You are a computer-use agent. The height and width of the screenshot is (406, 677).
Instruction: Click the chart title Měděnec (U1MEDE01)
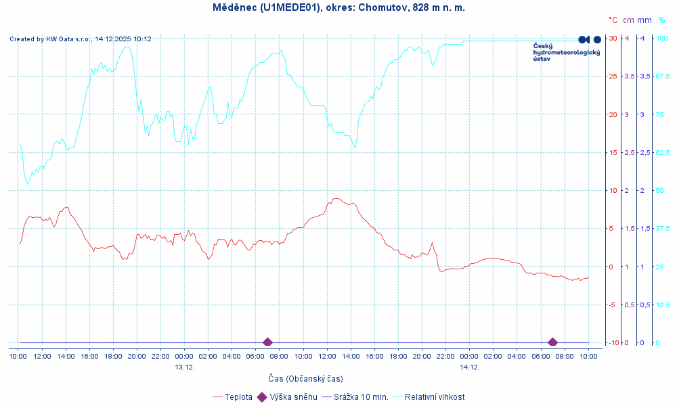pos(338,7)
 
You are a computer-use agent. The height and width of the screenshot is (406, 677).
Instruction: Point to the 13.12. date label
pos(185,367)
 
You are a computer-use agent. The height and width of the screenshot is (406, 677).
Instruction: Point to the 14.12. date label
pos(470,367)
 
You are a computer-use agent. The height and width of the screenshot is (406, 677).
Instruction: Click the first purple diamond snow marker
pos(267,342)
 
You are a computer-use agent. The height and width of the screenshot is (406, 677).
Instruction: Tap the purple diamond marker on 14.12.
pos(552,342)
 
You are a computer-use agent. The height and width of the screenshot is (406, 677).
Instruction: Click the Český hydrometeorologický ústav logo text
pos(566,52)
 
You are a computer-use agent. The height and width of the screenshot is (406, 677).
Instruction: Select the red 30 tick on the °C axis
pos(613,38)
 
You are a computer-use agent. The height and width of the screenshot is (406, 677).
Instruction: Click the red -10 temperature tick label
pos(612,343)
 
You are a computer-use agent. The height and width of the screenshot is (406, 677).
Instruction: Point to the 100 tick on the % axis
pos(663,38)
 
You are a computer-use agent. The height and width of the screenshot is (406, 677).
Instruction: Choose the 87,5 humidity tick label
pos(663,76)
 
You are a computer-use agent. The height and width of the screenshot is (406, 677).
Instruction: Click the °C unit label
pos(613,20)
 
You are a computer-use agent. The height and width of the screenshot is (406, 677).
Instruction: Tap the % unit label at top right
pos(661,20)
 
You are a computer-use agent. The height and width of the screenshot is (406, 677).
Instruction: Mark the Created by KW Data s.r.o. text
pos(80,39)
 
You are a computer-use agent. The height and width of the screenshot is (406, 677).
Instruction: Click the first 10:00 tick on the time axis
pos(18,356)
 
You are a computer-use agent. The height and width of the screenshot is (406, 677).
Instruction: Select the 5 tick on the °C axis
pos(614,229)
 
